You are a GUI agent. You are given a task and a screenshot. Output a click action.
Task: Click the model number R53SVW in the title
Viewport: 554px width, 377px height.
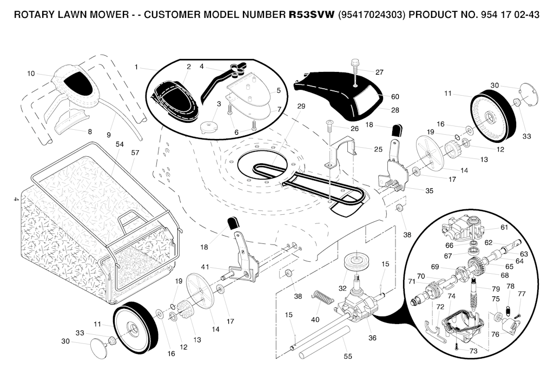(x=311, y=15)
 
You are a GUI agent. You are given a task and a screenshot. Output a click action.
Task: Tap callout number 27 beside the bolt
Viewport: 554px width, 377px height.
(x=379, y=72)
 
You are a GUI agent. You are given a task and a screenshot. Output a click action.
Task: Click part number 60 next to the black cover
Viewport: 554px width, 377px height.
(x=395, y=96)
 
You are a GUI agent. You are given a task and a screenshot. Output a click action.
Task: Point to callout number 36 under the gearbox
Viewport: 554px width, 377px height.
(x=372, y=338)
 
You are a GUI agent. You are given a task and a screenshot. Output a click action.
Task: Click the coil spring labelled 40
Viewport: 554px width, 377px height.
(x=323, y=296)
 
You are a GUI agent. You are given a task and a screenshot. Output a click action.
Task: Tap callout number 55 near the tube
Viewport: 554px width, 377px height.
(x=348, y=356)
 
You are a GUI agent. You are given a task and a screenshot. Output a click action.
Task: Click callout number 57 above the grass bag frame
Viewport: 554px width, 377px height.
(x=135, y=153)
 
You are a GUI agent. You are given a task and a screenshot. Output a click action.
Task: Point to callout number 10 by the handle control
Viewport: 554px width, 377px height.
(x=31, y=74)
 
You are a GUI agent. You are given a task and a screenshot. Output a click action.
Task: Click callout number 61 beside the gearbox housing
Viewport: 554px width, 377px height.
(x=504, y=227)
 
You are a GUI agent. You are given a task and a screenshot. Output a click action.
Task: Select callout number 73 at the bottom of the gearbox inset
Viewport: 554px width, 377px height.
(x=473, y=351)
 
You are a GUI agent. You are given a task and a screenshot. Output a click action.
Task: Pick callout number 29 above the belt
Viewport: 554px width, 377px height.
(x=301, y=107)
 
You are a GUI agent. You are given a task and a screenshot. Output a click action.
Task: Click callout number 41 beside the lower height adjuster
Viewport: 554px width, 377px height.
(x=205, y=267)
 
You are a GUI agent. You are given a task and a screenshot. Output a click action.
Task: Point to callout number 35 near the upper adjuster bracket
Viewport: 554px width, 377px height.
(x=429, y=191)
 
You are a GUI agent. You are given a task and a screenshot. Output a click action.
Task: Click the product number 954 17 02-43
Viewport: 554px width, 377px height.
(x=510, y=15)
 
